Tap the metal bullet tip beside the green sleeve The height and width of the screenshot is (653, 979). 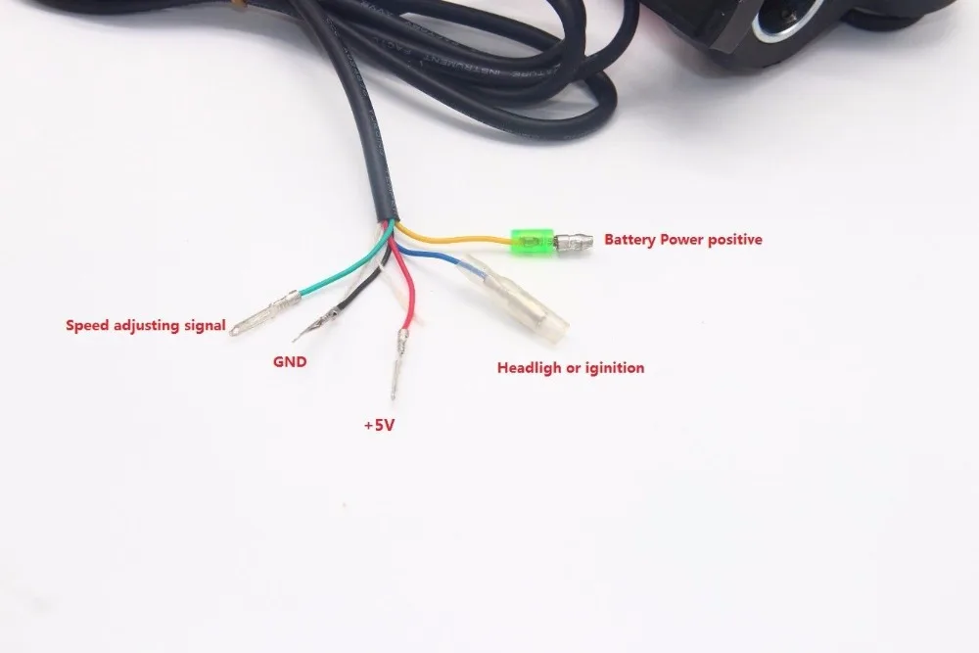pyautogui.click(x=575, y=241)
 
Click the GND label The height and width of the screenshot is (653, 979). pyautogui.click(x=289, y=361)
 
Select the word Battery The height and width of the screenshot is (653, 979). pyautogui.click(x=632, y=239)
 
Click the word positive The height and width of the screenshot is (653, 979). pyautogui.click(x=730, y=239)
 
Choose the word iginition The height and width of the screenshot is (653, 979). pyautogui.click(x=613, y=368)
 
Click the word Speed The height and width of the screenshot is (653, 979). pyautogui.click(x=86, y=324)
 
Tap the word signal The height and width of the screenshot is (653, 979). pyautogui.click(x=203, y=324)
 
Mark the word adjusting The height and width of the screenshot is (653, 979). pyautogui.click(x=144, y=324)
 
